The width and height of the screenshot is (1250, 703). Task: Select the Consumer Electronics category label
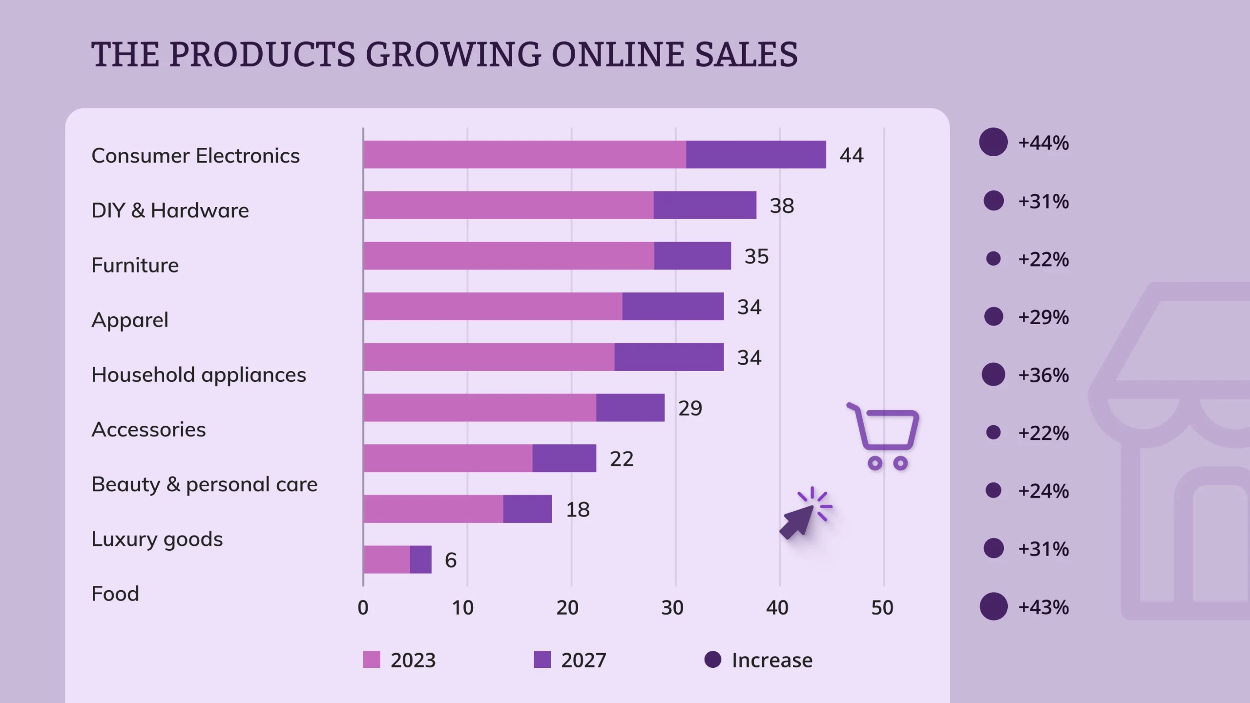[x=195, y=156]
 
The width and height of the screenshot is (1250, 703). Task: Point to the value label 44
[x=852, y=155]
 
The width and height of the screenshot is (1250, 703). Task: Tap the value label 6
[x=450, y=560]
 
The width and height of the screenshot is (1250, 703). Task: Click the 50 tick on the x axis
[x=882, y=608]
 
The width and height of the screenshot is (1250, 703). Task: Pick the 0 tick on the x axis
[x=363, y=608]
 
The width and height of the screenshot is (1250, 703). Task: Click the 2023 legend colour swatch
[x=372, y=660]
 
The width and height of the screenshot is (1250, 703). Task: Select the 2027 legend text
[x=583, y=660]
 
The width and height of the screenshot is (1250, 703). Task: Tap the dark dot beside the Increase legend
[x=713, y=659]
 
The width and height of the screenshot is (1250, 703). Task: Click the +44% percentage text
[x=1043, y=143]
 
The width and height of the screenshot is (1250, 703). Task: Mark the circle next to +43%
[x=994, y=606]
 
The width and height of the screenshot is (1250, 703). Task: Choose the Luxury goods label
[x=157, y=539]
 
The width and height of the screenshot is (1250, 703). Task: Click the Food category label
[x=115, y=594]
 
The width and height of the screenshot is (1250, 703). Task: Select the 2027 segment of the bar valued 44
[x=756, y=155]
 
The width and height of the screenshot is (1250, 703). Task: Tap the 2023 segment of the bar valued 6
[x=387, y=559]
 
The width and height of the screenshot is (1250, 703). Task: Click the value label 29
[x=690, y=408]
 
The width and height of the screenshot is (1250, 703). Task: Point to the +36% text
[x=1043, y=375]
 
